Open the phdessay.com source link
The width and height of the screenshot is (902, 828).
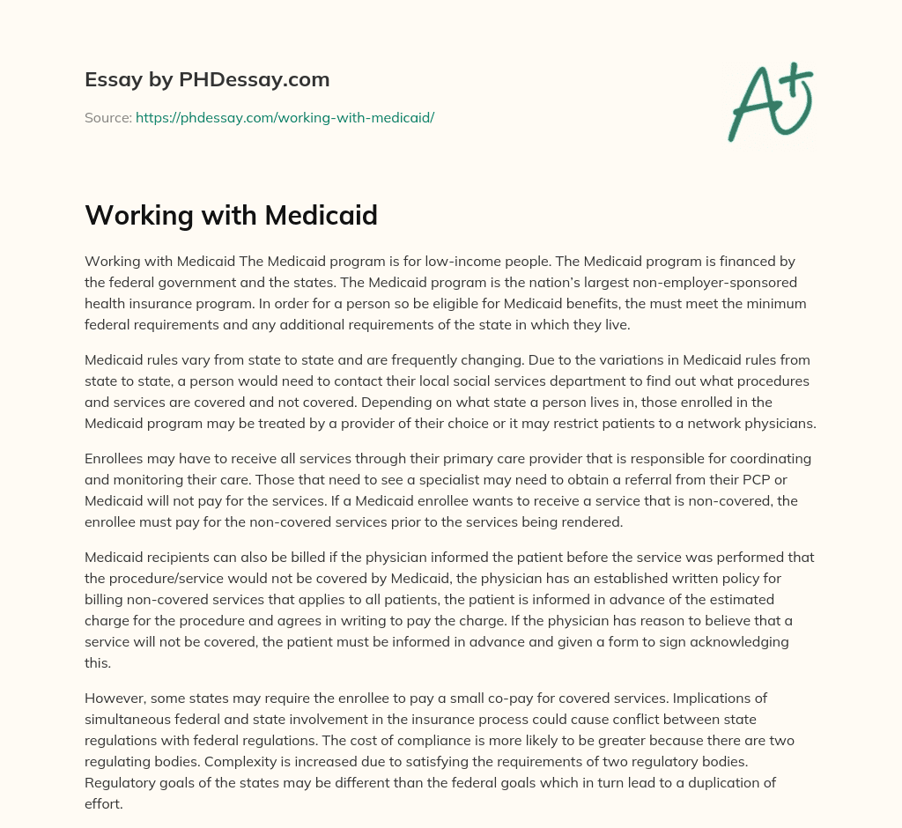pos(285,117)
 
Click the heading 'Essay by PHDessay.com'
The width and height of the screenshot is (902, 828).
pos(207,80)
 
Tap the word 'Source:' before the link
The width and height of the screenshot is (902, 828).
pos(108,117)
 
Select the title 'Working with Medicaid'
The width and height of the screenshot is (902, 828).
pos(231,215)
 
